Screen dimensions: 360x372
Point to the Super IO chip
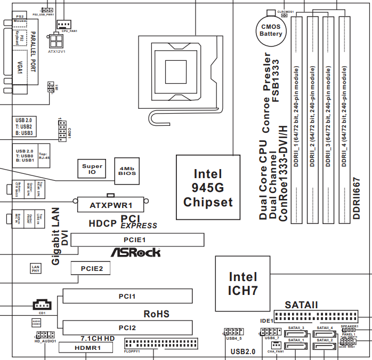[x=92, y=169]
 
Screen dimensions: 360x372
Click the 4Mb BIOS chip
[x=127, y=170]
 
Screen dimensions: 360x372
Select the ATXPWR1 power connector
[x=111, y=204]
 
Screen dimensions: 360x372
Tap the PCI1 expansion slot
[x=127, y=296]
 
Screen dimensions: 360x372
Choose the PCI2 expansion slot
[x=127, y=327]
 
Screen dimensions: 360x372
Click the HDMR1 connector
[x=86, y=348]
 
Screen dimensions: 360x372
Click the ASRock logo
[x=135, y=252]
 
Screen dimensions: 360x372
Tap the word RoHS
[x=156, y=314]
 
